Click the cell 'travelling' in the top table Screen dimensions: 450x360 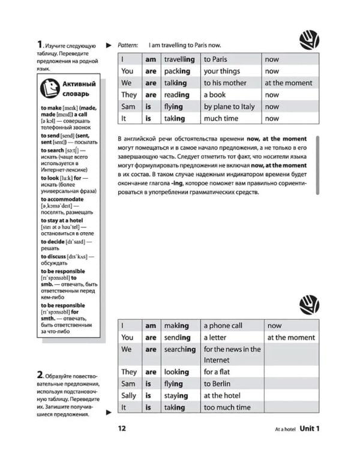179,59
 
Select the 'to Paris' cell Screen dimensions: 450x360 215,59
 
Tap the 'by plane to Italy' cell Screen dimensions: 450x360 229,107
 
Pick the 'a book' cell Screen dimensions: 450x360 215,95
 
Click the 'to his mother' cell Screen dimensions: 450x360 225,83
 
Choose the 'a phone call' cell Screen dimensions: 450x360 223,325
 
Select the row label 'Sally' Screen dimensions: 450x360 129,395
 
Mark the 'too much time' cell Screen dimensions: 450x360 227,407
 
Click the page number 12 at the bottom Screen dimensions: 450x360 122,428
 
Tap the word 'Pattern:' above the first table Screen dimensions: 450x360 128,45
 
